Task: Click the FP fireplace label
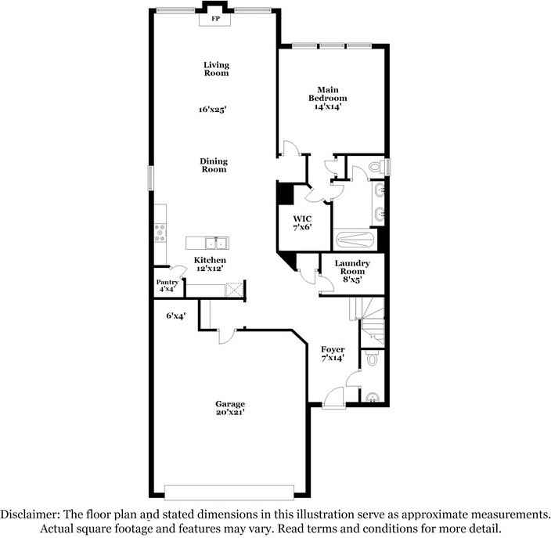215,17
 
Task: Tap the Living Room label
216,69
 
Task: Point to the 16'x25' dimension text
212,110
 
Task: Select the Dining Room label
214,164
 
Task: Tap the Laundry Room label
351,267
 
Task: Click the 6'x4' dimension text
175,316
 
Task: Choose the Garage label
231,404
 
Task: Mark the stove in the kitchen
161,230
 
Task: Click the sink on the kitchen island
215,242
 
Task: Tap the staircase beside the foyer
373,321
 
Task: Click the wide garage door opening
229,492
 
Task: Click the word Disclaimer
30,515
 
